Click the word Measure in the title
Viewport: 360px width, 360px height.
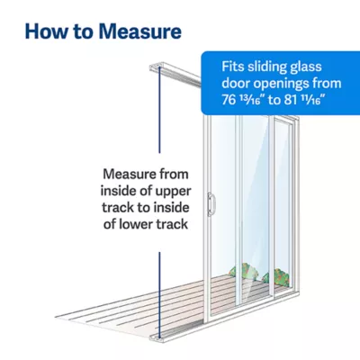point(139,31)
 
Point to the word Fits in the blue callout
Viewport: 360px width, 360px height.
point(233,67)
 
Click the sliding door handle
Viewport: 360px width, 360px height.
point(211,204)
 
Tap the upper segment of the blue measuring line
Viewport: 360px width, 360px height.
point(159,110)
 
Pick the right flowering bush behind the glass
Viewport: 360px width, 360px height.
point(276,277)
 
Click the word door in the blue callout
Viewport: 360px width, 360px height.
point(236,84)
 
